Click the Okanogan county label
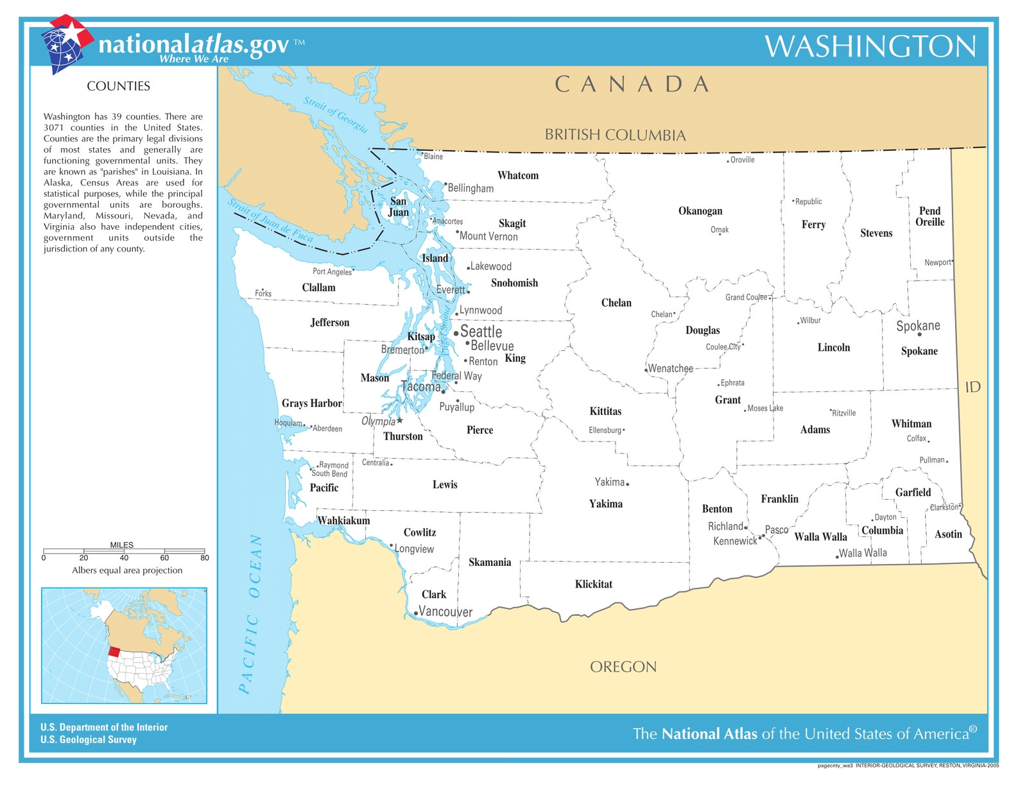[700, 211]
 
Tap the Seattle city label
[481, 332]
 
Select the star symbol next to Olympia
[400, 421]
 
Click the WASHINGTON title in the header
[870, 47]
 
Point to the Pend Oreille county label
[929, 216]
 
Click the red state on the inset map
[114, 651]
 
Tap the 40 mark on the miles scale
[124, 558]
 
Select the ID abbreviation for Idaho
[972, 387]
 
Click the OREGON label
[623, 667]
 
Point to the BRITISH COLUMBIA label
[615, 135]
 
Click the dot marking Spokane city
[919, 334]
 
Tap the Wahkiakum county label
[344, 520]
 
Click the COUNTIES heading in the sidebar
[118, 86]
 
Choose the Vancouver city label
[445, 611]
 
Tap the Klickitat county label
[593, 584]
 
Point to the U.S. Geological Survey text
[89, 740]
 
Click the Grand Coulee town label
[746, 297]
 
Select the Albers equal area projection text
[127, 570]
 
